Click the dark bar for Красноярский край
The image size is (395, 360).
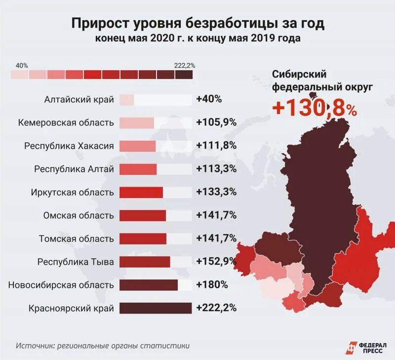coord(155,308)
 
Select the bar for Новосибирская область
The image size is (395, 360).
coord(148,285)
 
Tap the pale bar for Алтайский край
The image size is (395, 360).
coord(126,99)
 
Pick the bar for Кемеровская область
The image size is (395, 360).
coord(137,122)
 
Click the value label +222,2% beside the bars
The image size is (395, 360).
coord(216,308)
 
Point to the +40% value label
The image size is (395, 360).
coord(209,99)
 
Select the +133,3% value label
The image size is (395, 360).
coord(216,192)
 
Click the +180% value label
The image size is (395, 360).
coord(211,285)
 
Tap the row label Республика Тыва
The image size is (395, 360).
coord(76,262)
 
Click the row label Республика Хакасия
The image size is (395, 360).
coord(69,146)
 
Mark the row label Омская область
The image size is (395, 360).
coord(79,215)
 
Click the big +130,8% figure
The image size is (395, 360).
coord(314,108)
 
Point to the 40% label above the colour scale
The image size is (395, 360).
coord(22,65)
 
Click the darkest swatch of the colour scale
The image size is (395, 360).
coord(184,75)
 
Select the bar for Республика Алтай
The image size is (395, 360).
coord(138,169)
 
